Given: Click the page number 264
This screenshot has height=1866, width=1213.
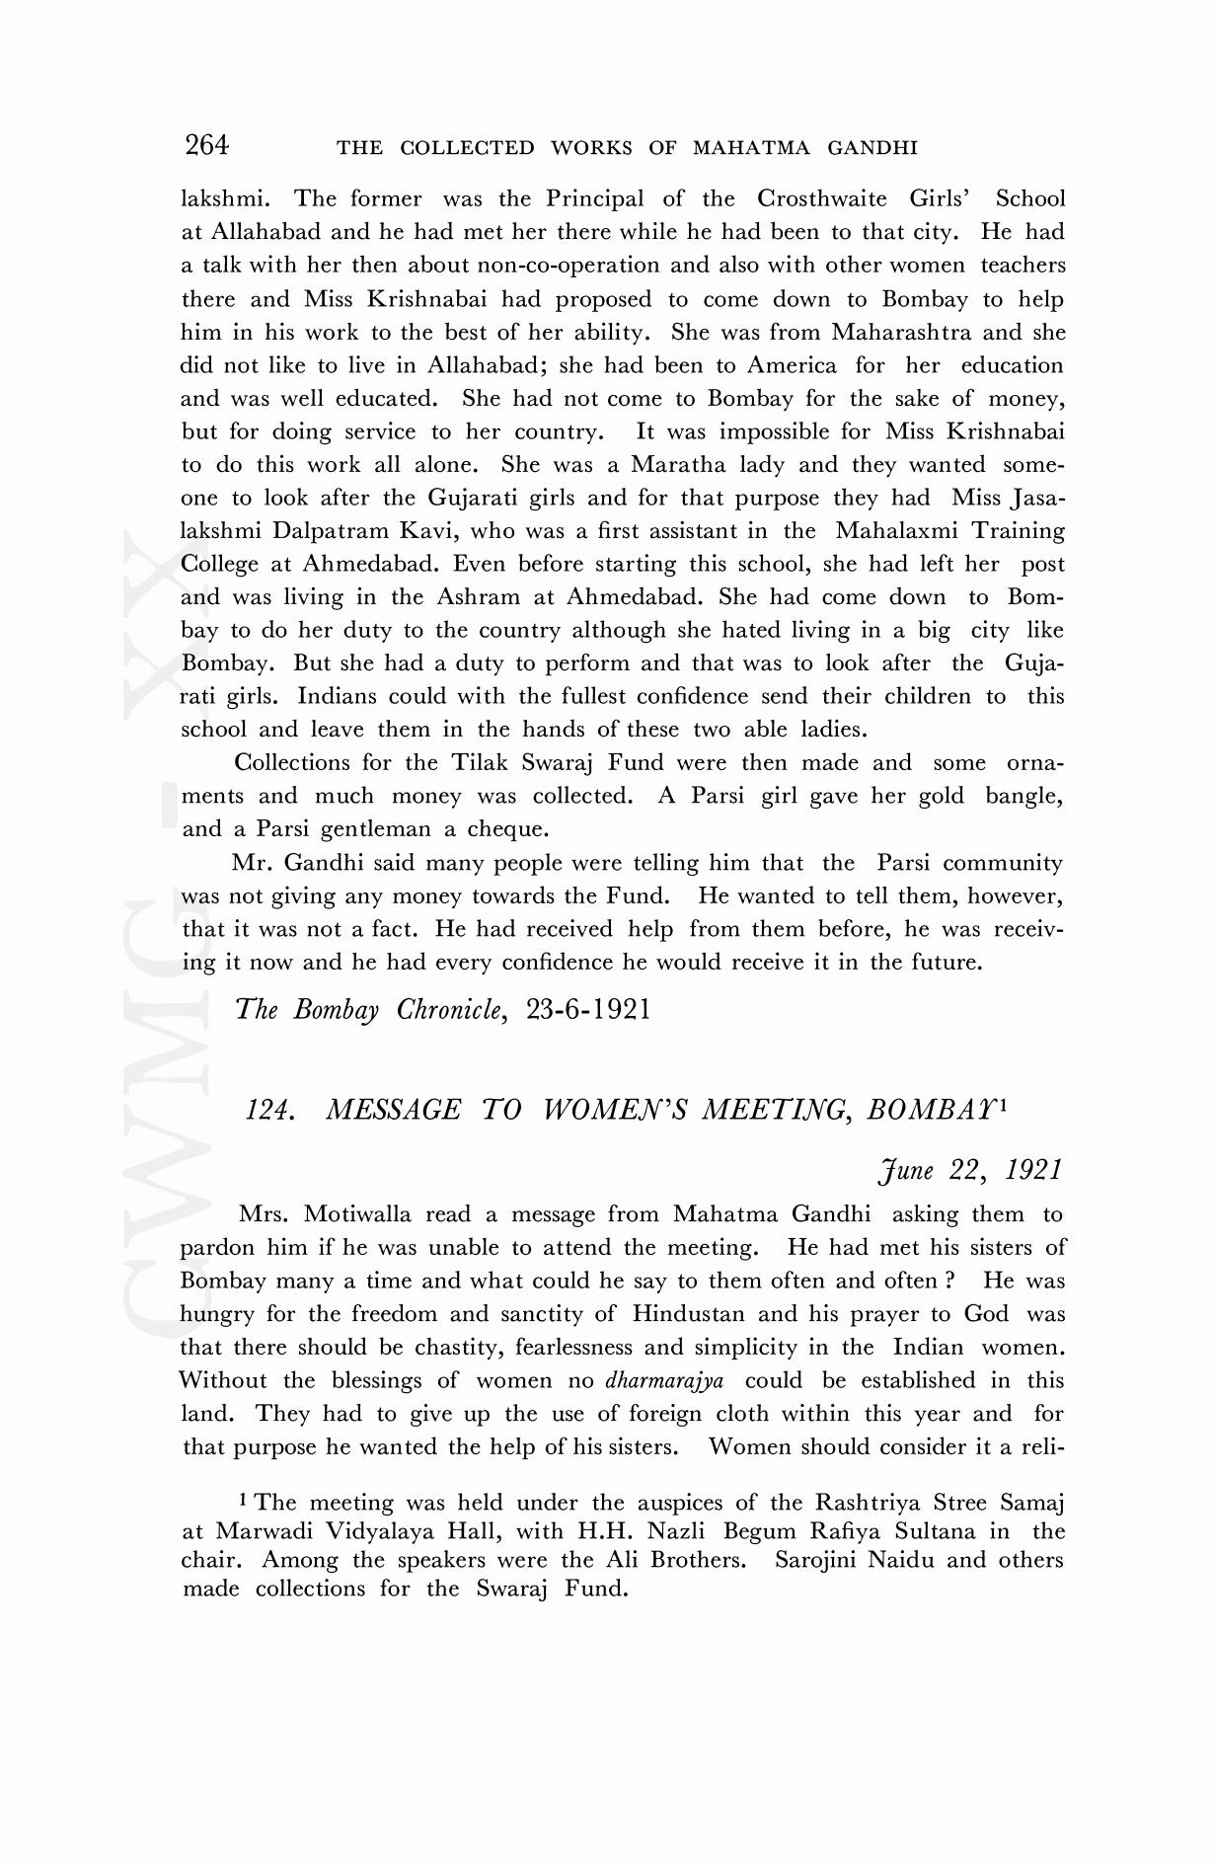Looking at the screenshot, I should coord(206,146).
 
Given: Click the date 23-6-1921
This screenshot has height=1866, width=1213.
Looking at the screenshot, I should coord(589,1010).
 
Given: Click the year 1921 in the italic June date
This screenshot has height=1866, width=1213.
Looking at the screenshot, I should coord(1032,1171).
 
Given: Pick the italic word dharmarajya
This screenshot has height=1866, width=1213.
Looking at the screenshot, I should coord(664,1381).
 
